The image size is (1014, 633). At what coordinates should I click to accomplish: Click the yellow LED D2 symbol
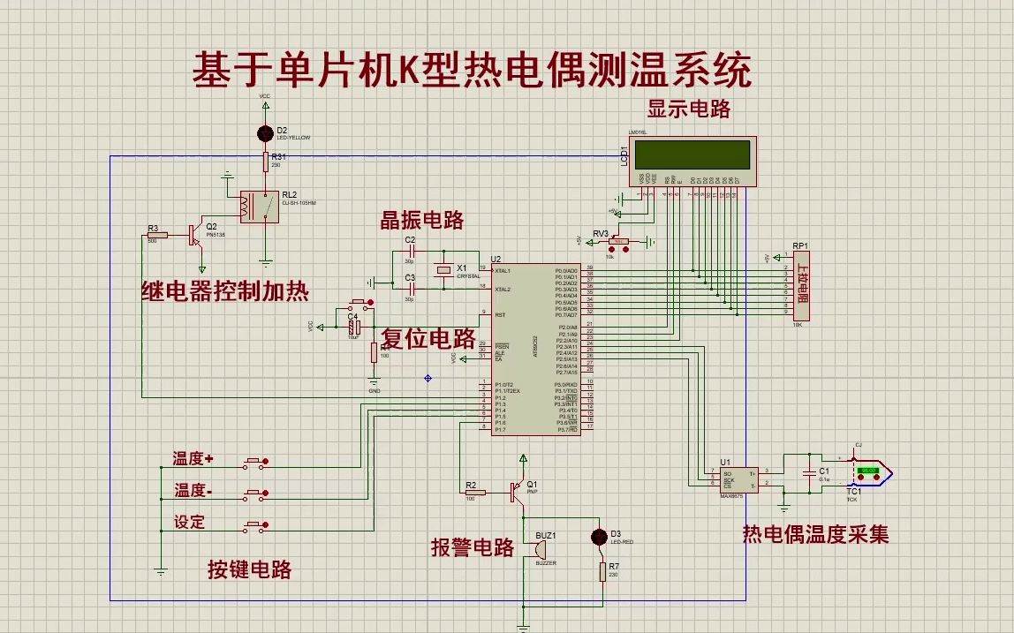tap(264, 134)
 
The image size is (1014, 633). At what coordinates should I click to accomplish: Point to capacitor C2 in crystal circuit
tap(410, 252)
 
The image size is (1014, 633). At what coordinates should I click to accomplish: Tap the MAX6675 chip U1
tap(738, 478)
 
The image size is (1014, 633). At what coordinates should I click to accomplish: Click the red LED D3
tap(601, 536)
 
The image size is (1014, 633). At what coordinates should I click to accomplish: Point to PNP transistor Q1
tap(518, 492)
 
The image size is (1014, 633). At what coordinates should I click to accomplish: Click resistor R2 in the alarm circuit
tap(473, 493)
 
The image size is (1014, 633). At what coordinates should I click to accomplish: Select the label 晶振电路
tap(421, 221)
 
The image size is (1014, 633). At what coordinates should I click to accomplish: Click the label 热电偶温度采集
tap(815, 534)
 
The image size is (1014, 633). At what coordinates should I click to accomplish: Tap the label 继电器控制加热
tap(224, 292)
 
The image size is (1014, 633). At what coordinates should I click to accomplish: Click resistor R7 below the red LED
tap(602, 572)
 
